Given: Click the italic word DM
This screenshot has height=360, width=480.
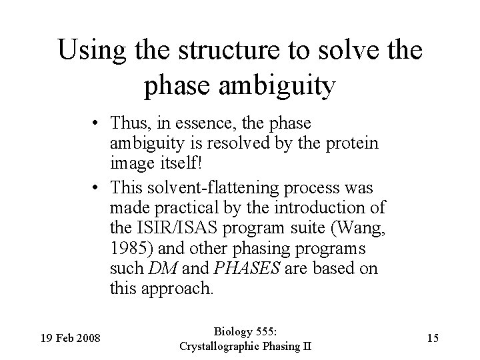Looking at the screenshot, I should click(160, 269).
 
